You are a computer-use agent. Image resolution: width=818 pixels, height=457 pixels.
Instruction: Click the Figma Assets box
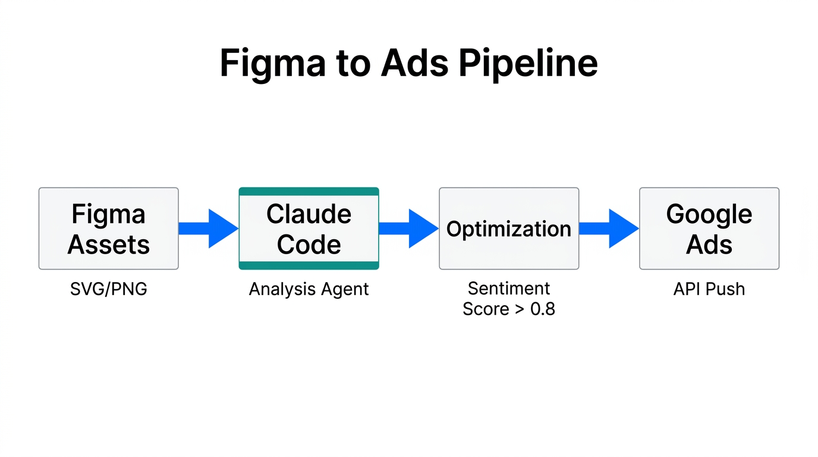(109, 229)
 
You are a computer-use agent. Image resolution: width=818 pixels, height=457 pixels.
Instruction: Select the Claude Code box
(309, 229)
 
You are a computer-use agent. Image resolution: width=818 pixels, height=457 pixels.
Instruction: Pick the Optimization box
(509, 229)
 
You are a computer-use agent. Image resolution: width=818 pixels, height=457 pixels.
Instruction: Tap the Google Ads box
(709, 229)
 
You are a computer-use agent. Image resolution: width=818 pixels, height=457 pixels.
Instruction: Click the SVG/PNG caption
(109, 289)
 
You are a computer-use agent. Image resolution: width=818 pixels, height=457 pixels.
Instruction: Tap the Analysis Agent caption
(309, 289)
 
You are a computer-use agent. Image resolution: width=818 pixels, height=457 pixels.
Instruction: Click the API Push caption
(709, 289)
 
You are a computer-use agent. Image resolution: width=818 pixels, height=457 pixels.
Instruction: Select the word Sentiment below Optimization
(509, 289)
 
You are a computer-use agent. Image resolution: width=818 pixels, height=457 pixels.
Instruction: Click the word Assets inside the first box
(109, 245)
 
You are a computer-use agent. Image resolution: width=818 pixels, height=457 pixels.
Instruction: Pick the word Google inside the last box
(709, 214)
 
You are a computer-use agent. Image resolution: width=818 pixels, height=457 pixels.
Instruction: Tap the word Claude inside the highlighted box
(309, 214)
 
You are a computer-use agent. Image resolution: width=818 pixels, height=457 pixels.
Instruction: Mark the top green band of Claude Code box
(309, 192)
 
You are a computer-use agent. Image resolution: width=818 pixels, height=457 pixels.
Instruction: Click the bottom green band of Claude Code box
(309, 265)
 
